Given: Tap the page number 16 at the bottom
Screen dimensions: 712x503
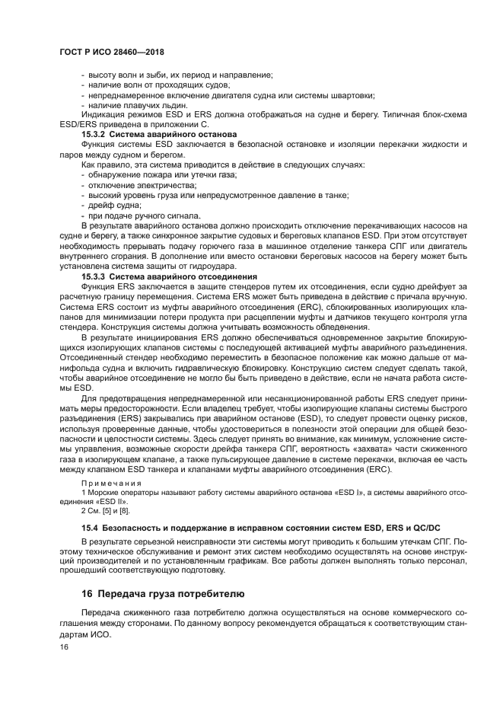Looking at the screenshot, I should tap(64, 647).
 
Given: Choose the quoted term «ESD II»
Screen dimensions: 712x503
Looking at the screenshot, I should tap(112, 503).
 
